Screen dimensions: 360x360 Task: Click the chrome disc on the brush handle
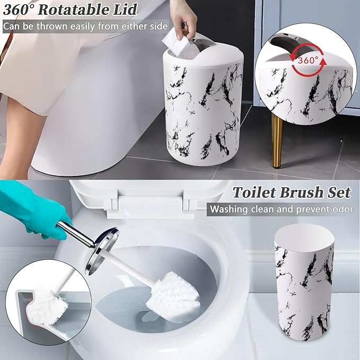pyautogui.click(x=104, y=243)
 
